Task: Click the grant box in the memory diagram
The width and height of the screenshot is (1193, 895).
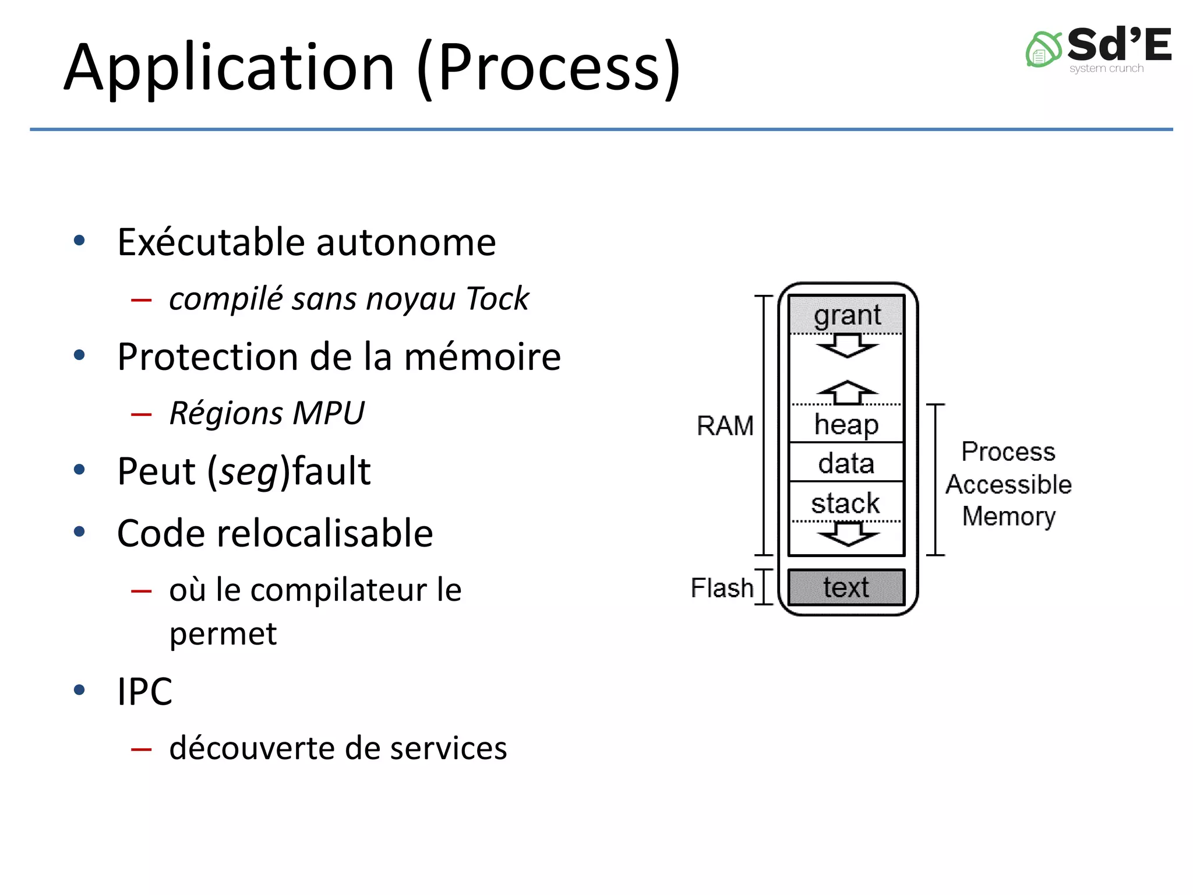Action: coord(846,315)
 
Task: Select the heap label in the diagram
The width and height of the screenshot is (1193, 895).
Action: coord(846,424)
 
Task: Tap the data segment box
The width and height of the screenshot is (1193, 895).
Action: coord(846,463)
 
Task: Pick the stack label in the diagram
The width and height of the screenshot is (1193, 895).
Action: coord(845,503)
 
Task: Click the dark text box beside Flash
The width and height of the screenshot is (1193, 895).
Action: coord(846,587)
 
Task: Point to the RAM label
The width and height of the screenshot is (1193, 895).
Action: coord(725,426)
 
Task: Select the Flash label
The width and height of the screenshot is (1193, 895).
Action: coord(722,588)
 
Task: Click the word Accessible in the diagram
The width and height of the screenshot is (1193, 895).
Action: coord(1008,484)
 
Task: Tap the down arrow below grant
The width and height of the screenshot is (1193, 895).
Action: coord(848,346)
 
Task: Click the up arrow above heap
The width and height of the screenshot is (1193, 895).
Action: coord(848,392)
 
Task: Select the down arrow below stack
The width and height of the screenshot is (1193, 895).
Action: coord(848,533)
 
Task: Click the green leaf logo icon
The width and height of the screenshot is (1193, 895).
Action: coord(1043,50)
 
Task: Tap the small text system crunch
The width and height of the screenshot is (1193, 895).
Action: coord(1106,69)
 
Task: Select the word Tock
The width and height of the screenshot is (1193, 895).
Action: coord(497,299)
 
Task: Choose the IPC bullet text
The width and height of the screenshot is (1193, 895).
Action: coord(144,692)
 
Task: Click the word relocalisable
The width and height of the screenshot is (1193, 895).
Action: coord(324,533)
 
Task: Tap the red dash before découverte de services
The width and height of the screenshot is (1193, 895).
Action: coord(142,749)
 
